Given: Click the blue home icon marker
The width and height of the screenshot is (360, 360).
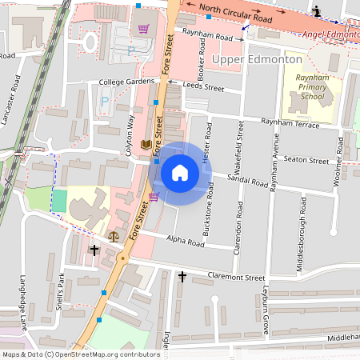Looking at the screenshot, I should (x=180, y=172).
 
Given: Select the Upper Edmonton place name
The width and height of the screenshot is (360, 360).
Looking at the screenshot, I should (x=256, y=60).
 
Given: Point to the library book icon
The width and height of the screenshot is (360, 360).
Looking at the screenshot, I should (x=146, y=145).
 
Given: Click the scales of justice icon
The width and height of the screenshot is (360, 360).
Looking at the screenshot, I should (x=113, y=236).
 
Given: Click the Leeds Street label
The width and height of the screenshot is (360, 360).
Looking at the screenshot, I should (x=203, y=87).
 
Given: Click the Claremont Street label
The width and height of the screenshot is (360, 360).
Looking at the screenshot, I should (x=233, y=278).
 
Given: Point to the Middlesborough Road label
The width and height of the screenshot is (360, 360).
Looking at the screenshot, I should (x=302, y=223).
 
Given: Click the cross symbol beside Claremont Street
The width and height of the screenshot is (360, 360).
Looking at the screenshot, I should (x=182, y=277).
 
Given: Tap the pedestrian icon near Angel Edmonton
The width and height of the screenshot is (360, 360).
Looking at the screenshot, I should (x=318, y=10).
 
